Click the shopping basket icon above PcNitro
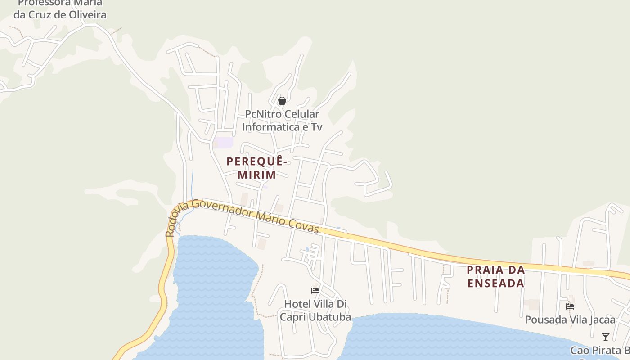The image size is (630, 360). click(x=282, y=101)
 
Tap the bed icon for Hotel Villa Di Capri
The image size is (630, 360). click(x=315, y=291)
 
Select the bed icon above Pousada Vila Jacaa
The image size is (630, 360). click(x=570, y=306)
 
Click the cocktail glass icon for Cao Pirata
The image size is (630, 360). click(x=606, y=337)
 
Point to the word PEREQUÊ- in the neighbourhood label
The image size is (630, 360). click(x=257, y=161)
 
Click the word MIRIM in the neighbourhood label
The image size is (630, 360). click(x=256, y=175)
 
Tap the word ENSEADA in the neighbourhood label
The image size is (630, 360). click(x=495, y=283)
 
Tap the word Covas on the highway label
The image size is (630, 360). click(x=307, y=226)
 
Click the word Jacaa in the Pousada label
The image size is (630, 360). click(x=602, y=320)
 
